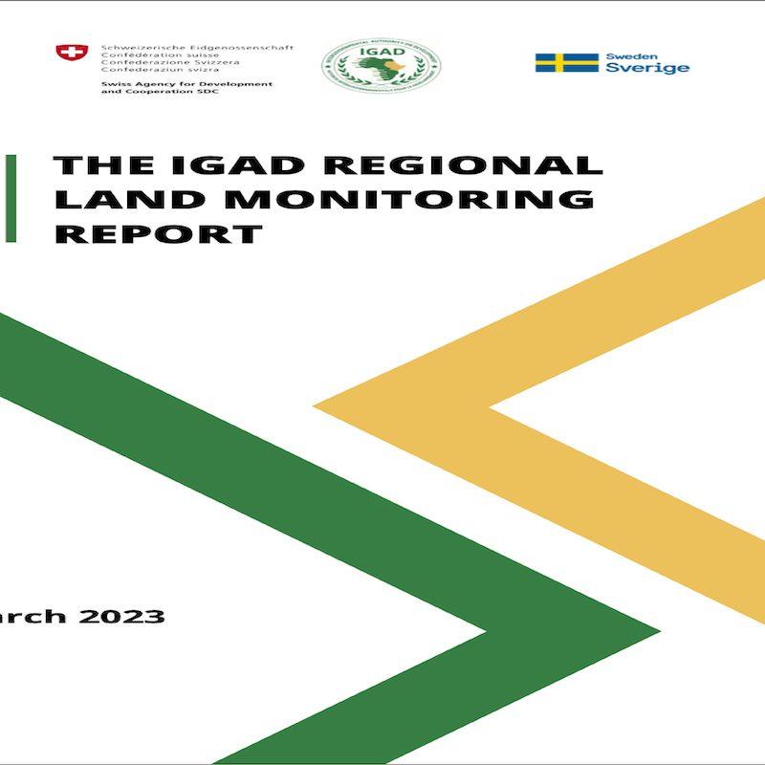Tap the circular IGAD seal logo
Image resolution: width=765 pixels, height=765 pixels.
(381, 65)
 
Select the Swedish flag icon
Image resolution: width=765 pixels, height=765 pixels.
(566, 62)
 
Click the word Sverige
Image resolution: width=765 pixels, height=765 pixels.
(647, 69)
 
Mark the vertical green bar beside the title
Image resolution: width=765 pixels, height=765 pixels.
(10, 199)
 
